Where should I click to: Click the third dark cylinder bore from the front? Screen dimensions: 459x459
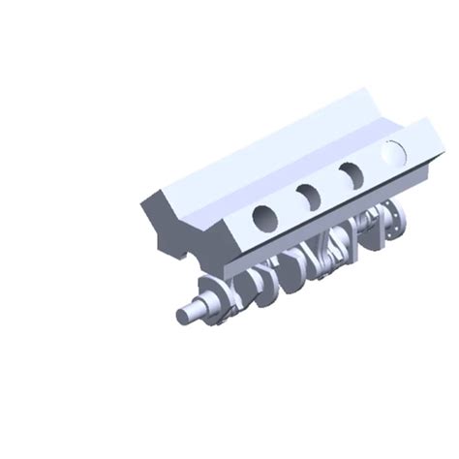[350, 173]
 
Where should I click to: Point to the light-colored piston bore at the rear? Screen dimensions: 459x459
[393, 152]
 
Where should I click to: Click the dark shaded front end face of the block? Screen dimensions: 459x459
[194, 232]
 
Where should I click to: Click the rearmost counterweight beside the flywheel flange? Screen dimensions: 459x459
[368, 232]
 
